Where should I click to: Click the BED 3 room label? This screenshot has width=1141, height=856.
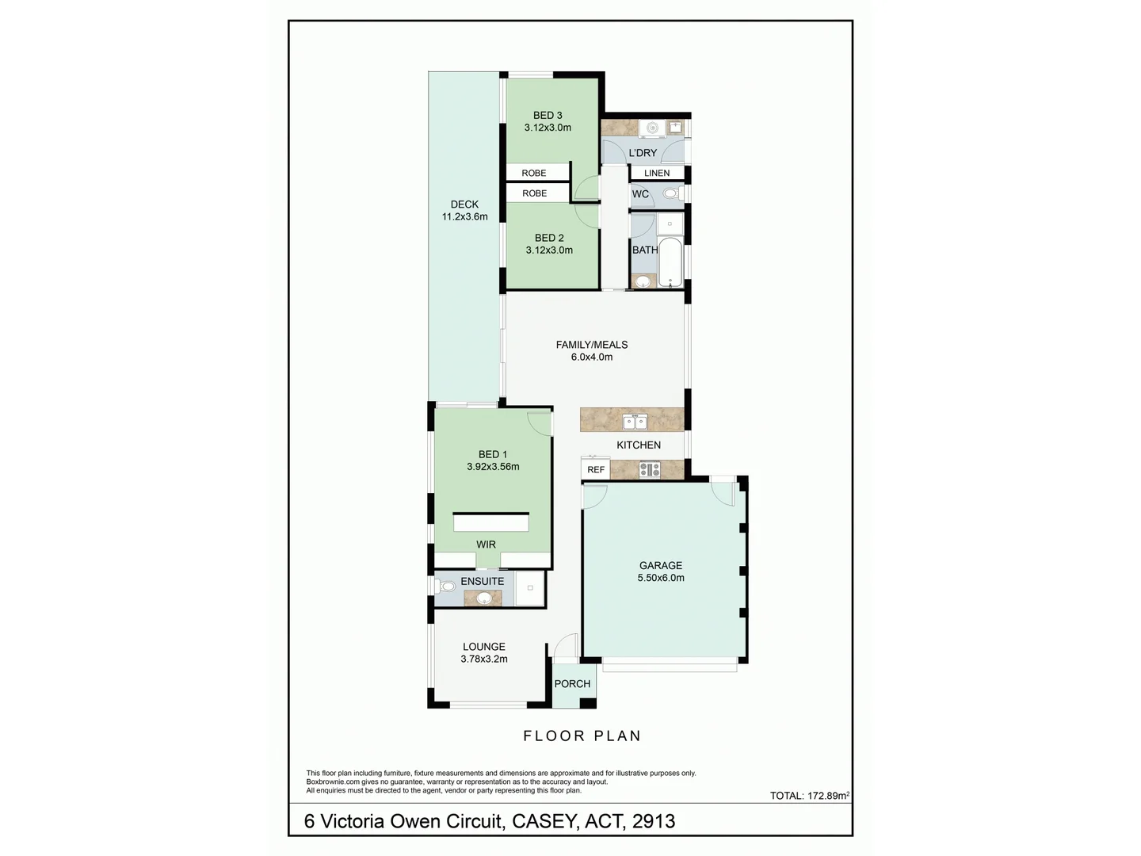[548, 116]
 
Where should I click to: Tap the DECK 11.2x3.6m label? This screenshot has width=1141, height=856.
[464, 210]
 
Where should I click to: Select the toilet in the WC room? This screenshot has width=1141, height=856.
[670, 193]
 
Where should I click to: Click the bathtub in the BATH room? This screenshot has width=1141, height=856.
[670, 262]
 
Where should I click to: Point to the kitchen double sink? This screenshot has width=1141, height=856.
[635, 422]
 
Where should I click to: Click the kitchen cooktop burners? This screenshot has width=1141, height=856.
[650, 470]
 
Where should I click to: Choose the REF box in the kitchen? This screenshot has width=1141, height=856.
[596, 470]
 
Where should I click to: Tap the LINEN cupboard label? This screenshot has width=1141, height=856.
[657, 173]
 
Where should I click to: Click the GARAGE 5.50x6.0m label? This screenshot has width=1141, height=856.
[661, 571]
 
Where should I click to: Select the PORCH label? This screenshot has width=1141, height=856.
[572, 684]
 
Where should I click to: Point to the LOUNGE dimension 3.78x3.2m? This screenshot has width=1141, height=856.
[484, 659]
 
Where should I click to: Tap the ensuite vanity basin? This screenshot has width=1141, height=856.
[483, 598]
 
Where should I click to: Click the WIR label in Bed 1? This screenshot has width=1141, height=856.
[486, 545]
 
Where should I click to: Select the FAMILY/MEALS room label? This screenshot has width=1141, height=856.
[592, 345]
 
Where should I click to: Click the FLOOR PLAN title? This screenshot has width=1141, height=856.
[582, 736]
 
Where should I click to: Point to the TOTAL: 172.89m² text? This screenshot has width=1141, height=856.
[809, 796]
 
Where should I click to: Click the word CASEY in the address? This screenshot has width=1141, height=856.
[544, 822]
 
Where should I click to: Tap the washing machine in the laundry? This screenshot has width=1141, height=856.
[652, 128]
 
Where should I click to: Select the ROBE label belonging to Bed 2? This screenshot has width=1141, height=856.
[534, 193]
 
